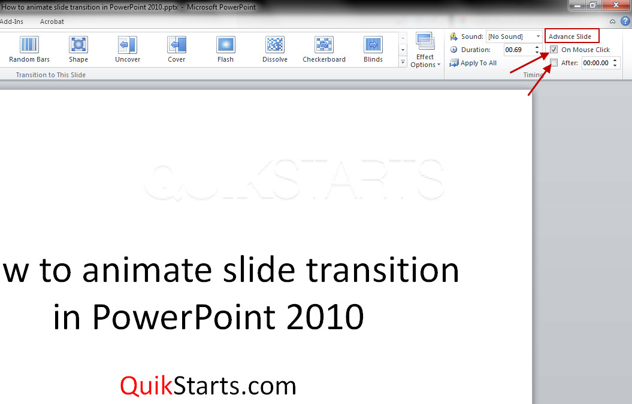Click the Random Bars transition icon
pyautogui.click(x=29, y=44)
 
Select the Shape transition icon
pyautogui.click(x=78, y=44)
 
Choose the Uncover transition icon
pyautogui.click(x=128, y=44)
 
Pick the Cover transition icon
pyautogui.click(x=177, y=44)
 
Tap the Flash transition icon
pyautogui.click(x=226, y=44)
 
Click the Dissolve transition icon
pyautogui.click(x=275, y=44)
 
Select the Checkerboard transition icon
pyautogui.click(x=324, y=44)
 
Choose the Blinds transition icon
pyautogui.click(x=373, y=44)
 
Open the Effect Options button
pyautogui.click(x=425, y=50)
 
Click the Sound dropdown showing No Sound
pyautogui.click(x=515, y=37)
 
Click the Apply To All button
pyautogui.click(x=473, y=63)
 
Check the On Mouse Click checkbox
pyautogui.click(x=554, y=50)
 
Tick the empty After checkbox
pyautogui.click(x=554, y=63)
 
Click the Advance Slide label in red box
pyautogui.click(x=570, y=37)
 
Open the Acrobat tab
pyautogui.click(x=52, y=22)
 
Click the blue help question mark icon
pyautogui.click(x=625, y=21)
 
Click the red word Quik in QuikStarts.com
pyautogui.click(x=147, y=386)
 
